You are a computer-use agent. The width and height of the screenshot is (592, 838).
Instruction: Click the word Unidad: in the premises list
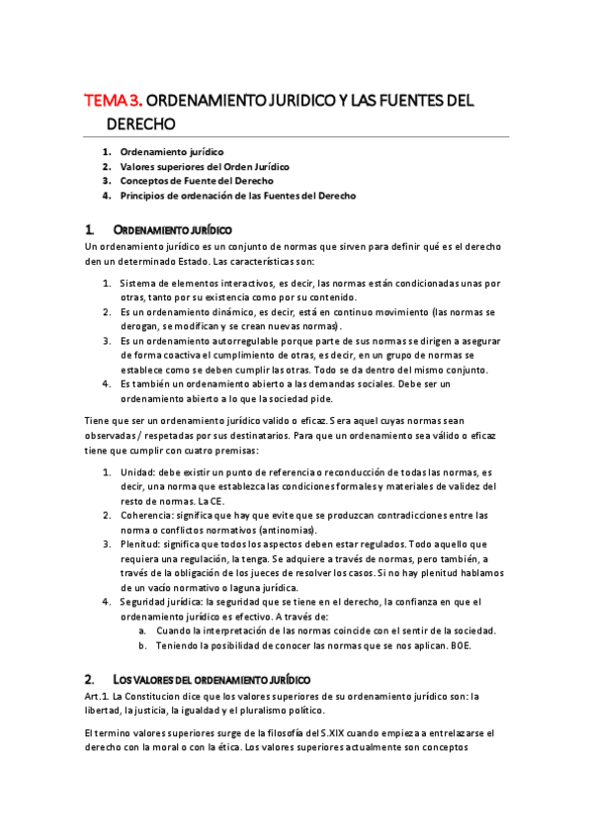[138, 472]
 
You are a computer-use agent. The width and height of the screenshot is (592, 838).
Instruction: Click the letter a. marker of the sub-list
[142, 631]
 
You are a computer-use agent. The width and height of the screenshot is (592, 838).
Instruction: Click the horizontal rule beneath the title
[296, 136]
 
